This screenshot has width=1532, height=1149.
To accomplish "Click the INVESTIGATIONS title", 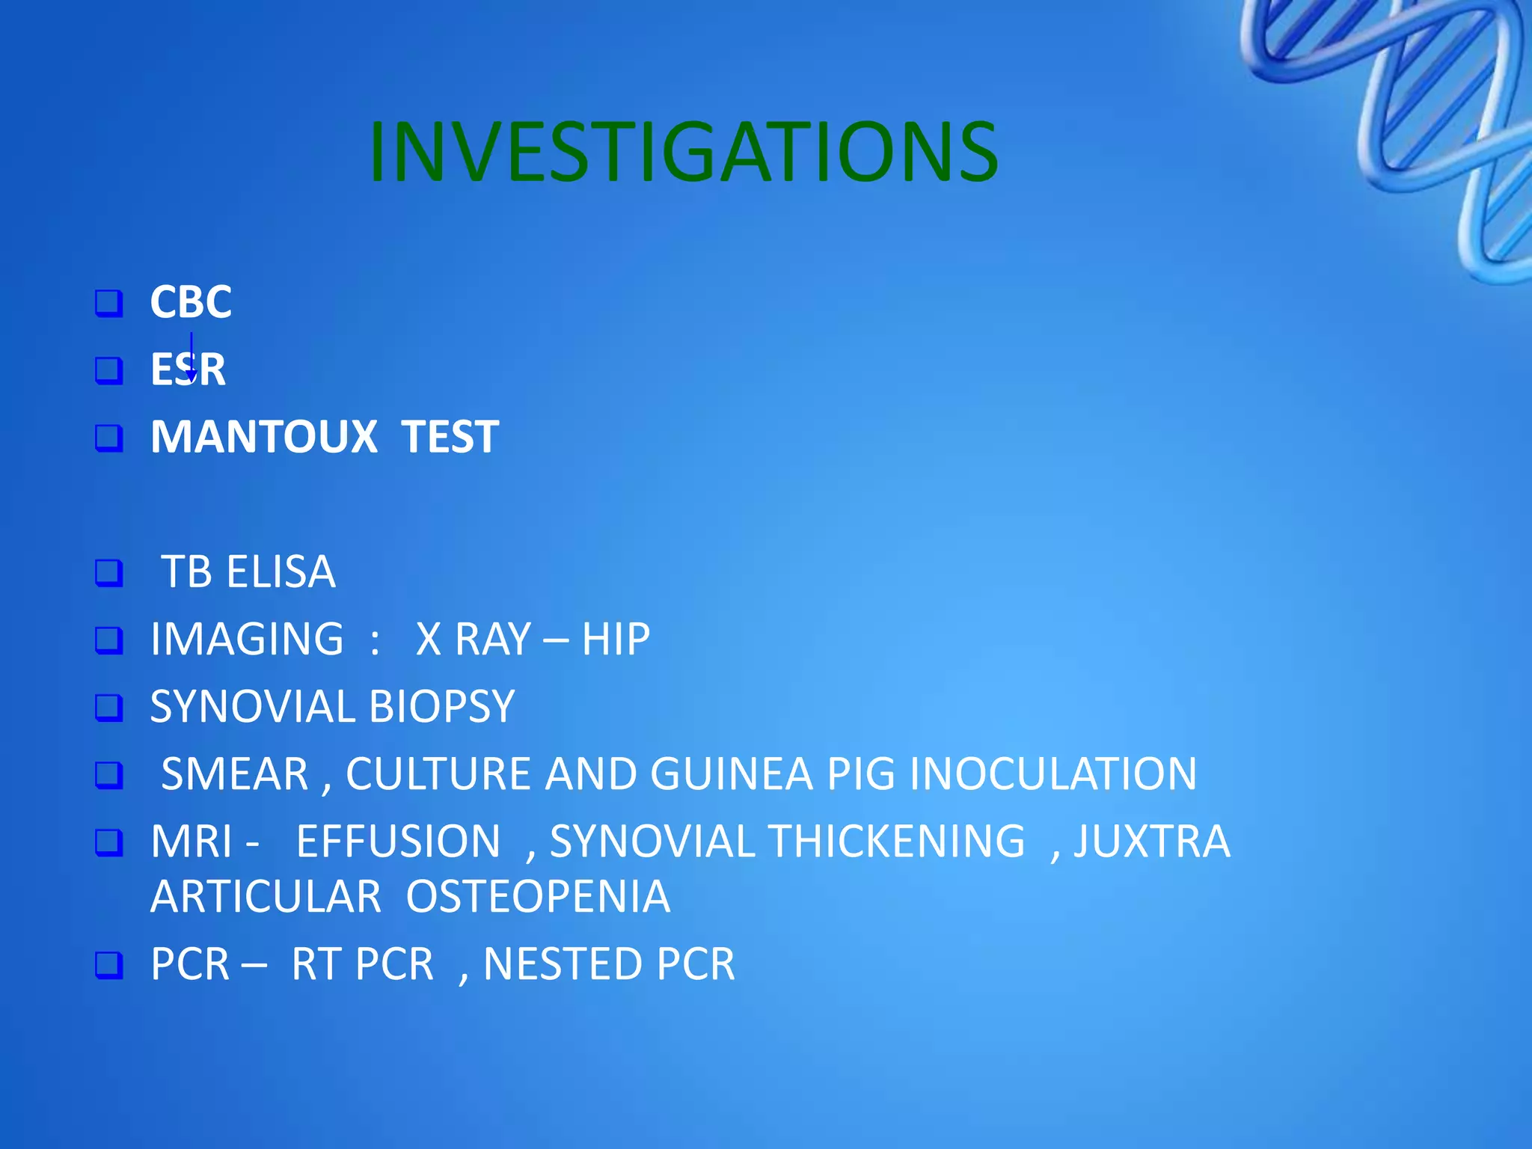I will tap(683, 153).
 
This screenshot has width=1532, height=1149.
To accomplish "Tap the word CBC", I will tap(191, 302).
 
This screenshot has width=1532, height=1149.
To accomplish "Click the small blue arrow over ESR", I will tap(191, 359).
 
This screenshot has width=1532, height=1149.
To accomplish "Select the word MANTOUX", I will tap(264, 437).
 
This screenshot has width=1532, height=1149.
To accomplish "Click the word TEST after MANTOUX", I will tap(450, 437).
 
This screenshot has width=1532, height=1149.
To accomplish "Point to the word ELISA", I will tap(281, 572).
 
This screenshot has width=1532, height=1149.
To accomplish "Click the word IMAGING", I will tap(247, 640).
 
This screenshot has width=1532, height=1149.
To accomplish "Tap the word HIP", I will tap(616, 640).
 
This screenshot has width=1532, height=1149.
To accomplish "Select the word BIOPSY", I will tap(441, 707).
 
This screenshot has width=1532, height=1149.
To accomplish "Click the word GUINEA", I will tap(731, 774).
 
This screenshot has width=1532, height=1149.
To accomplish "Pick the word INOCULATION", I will tap(1053, 774).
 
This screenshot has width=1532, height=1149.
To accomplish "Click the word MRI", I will tap(191, 842).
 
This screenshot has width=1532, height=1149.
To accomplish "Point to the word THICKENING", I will tap(897, 842).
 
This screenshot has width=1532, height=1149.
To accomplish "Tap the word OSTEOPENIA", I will tap(538, 897).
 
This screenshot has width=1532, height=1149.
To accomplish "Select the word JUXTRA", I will tap(1152, 842).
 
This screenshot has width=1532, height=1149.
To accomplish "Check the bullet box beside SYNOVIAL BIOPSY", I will tap(109, 708).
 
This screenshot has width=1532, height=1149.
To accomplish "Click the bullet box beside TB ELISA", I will tap(109, 573).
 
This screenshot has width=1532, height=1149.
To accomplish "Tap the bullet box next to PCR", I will tap(109, 965).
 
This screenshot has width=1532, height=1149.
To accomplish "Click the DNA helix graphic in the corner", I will tap(1421, 127).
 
